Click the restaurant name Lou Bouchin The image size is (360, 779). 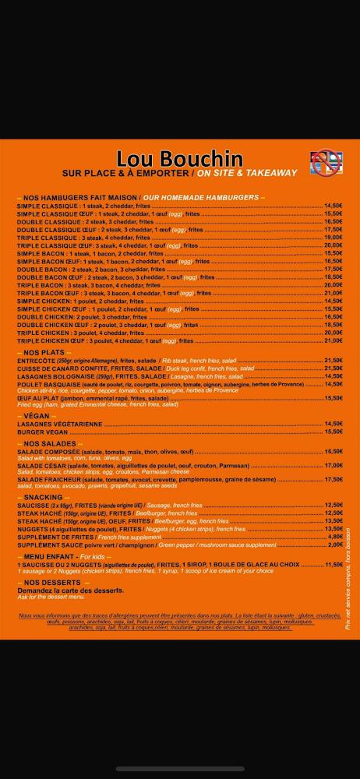[179, 159]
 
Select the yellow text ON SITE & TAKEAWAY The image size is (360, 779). [247, 173]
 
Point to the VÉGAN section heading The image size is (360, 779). [37, 416]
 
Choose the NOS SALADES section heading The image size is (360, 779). [46, 443]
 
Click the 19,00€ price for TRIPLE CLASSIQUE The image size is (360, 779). [334, 238]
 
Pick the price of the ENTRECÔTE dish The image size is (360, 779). [334, 361]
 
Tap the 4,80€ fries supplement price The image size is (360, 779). [335, 537]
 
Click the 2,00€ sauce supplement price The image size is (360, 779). [335, 545]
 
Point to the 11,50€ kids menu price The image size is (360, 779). [334, 565]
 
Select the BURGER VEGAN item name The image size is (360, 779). [44, 432]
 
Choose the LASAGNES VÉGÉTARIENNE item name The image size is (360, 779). [59, 424]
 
